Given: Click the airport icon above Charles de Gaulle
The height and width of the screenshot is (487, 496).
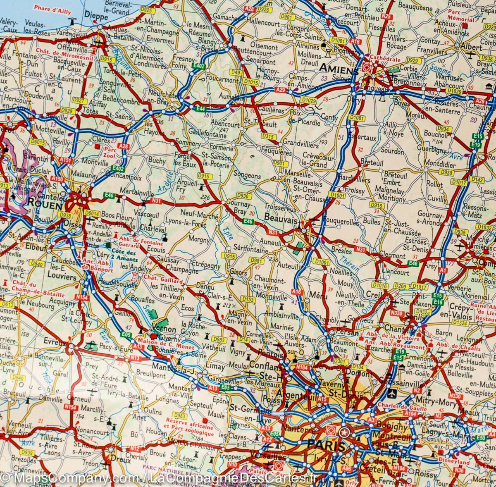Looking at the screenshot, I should (392, 392).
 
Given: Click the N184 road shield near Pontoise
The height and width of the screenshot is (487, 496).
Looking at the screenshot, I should (303, 367).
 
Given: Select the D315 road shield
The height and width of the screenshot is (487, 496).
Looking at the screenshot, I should (268, 136).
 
